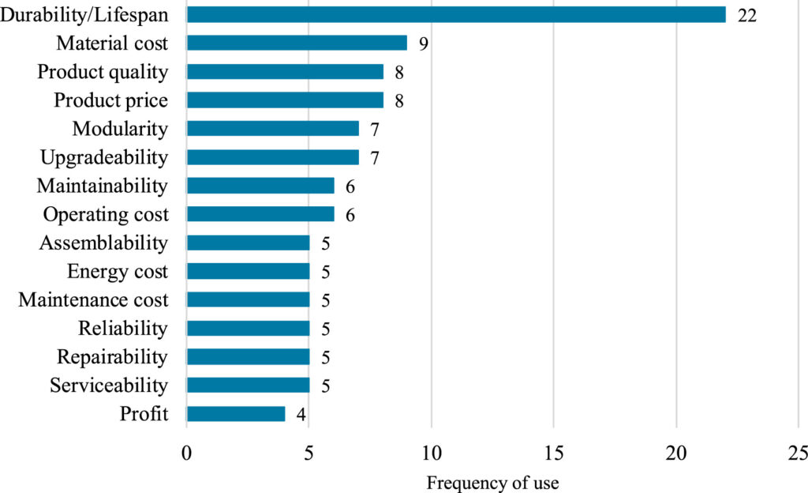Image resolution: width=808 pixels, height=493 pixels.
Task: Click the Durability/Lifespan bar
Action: [456, 14]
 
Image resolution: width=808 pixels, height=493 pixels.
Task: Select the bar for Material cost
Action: [297, 43]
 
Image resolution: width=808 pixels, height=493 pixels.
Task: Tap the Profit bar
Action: [236, 413]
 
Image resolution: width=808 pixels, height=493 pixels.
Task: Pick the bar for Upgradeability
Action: [272, 157]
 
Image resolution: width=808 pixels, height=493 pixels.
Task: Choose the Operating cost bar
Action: [260, 214]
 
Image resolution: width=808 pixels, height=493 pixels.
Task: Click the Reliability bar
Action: [248, 328]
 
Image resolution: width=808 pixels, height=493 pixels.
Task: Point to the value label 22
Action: [746, 15]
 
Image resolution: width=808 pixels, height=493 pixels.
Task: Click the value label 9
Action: [423, 43]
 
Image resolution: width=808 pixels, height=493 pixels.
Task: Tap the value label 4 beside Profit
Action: [301, 414]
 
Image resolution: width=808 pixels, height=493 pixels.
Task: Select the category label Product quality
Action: [103, 72]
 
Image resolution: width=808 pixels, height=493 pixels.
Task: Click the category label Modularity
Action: [120, 129]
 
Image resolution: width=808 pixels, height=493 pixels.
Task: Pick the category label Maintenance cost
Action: [93, 300]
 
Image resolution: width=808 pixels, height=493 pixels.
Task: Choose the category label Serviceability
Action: [109, 386]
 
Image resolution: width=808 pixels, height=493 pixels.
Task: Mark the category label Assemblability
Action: [103, 243]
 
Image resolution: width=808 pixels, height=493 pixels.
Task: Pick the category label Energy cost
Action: [118, 272]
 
